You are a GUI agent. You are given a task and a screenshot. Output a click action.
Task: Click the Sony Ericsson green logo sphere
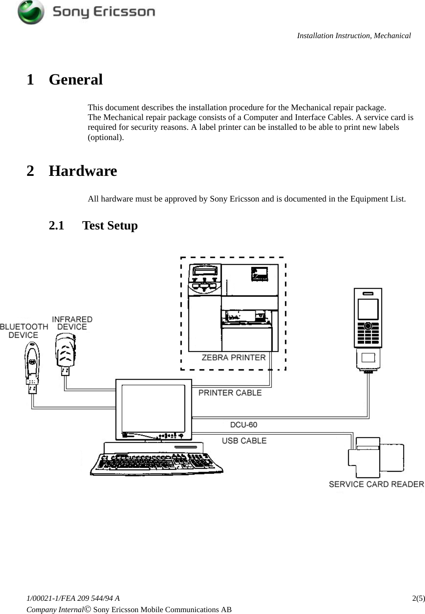[31, 12]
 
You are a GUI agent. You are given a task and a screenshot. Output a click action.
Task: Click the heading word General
[75, 80]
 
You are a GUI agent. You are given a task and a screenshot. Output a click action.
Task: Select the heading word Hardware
[83, 171]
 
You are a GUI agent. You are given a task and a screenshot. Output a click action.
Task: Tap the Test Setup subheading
[110, 225]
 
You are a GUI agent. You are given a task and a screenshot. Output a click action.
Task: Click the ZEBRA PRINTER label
[233, 357]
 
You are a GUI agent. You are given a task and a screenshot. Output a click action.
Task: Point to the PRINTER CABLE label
[230, 393]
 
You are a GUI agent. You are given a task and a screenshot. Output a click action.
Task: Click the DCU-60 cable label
[243, 425]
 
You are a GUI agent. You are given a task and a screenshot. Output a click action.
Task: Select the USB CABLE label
[244, 441]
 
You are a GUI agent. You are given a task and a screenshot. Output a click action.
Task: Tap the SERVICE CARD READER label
[376, 484]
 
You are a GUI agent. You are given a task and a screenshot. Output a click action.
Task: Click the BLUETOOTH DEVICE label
[23, 331]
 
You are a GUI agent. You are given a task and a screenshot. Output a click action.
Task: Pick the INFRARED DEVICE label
[72, 323]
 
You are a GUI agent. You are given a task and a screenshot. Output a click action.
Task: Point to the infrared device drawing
[66, 355]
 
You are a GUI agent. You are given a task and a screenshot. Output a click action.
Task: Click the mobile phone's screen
[368, 309]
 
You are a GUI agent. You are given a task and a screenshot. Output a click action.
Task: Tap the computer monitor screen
[153, 409]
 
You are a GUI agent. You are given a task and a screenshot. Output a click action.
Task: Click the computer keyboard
[156, 464]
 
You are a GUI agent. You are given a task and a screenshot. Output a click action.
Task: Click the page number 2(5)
[418, 598]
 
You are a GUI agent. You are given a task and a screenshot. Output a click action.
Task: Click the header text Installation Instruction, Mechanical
[354, 36]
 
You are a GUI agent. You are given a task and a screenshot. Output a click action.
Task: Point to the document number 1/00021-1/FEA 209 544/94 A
[73, 598]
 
